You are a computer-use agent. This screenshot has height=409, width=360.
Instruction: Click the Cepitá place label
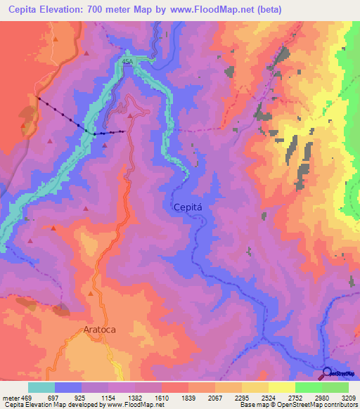189,207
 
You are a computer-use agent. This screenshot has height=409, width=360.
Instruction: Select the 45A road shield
127,62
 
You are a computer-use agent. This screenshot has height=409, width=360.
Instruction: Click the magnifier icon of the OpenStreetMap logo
327,372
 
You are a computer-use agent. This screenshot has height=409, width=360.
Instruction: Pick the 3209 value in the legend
349,398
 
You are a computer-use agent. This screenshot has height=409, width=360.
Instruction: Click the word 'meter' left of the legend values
11,398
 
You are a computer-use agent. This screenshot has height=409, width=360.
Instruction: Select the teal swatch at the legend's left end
41,387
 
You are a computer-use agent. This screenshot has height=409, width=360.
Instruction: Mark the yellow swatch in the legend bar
281,387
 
